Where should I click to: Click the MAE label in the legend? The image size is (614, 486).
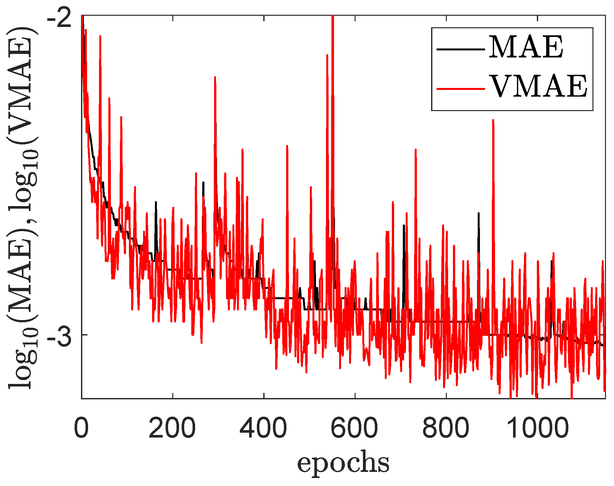pyautogui.click(x=526, y=47)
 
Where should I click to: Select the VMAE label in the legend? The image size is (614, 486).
pyautogui.click(x=538, y=86)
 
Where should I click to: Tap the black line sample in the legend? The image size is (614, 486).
pyautogui.click(x=460, y=49)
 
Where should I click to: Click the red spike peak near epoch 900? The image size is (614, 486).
pyautogui.click(x=493, y=120)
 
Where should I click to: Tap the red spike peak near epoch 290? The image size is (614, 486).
pyautogui.click(x=215, y=77)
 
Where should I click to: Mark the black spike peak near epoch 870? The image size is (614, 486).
pyautogui.click(x=479, y=213)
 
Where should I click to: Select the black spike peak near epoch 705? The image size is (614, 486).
pyautogui.click(x=404, y=225)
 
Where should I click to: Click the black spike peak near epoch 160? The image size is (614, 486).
pyautogui.click(x=156, y=202)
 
